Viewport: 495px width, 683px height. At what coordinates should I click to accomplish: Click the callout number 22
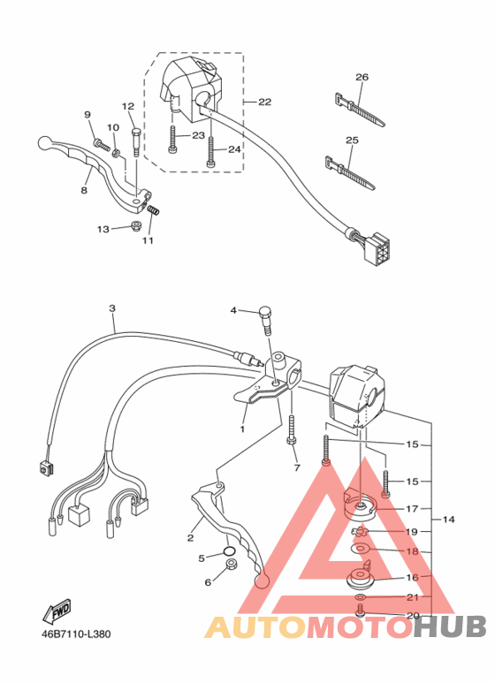pos(265,102)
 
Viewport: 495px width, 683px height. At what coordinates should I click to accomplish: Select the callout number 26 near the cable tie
pos(362,77)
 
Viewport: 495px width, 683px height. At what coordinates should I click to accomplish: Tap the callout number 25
pos(352,140)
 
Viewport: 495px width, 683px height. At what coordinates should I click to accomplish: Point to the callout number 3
pos(112,308)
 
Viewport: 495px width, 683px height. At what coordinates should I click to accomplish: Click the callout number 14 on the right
pos(449,520)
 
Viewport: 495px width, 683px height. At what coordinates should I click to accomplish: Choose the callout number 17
pos(411,509)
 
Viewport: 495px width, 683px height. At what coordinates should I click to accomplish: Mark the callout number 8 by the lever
pos(85,189)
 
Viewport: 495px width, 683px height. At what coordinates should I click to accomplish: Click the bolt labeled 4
pos(264,315)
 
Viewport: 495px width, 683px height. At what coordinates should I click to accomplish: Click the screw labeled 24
pos(210,151)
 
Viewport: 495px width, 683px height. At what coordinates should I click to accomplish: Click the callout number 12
pos(127,106)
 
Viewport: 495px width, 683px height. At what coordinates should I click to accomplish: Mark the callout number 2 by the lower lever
pos(190,537)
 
